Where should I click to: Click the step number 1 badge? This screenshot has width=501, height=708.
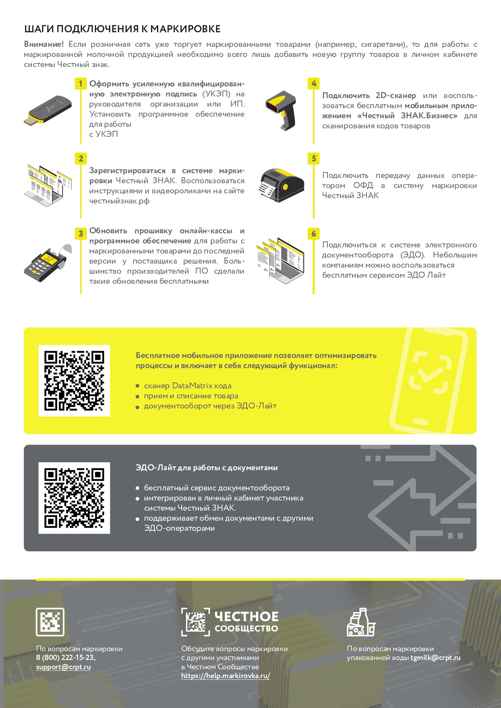pyautogui.click(x=81, y=84)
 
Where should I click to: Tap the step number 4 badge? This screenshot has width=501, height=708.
pyautogui.click(x=314, y=84)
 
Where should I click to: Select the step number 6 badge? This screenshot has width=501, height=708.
pyautogui.click(x=314, y=234)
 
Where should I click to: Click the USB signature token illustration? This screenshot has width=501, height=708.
pyautogui.click(x=48, y=110)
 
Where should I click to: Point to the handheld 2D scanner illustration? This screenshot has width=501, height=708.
pyautogui.click(x=281, y=110)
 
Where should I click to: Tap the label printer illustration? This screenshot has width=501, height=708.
pyautogui.click(x=281, y=185)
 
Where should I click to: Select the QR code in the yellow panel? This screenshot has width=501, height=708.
pyautogui.click(x=74, y=381)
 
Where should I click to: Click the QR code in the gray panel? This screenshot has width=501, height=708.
pyautogui.click(x=74, y=498)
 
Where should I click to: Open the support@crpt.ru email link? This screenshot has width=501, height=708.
pyautogui.click(x=63, y=667)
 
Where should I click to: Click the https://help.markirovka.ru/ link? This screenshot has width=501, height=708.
pyautogui.click(x=226, y=676)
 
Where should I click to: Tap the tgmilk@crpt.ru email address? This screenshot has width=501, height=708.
pyautogui.click(x=436, y=658)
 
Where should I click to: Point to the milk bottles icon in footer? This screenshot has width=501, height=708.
pyautogui.click(x=361, y=622)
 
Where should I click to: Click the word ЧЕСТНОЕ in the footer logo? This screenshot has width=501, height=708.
pyautogui.click(x=246, y=616)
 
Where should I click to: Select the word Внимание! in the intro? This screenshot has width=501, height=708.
pyautogui.click(x=44, y=44)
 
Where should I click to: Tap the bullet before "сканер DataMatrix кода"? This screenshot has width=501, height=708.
pyautogui.click(x=138, y=386)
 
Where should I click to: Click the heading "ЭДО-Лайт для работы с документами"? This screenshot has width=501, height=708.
pyautogui.click(x=207, y=468)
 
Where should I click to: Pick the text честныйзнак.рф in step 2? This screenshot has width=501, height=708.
pyautogui.click(x=119, y=201)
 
